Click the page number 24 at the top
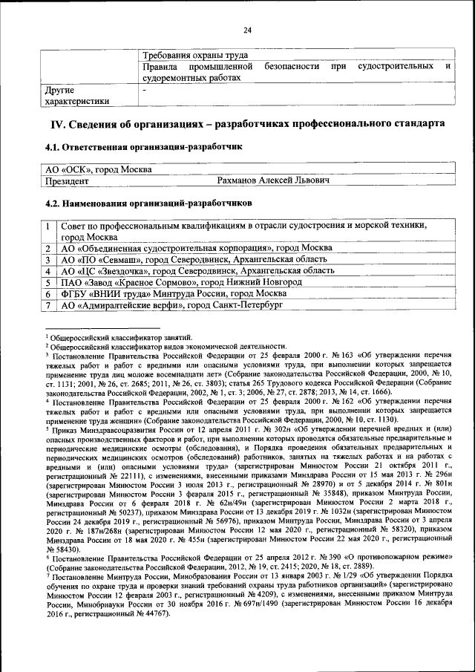click(x=247, y=30)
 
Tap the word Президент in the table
click(x=68, y=180)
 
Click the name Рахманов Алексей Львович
click(x=273, y=180)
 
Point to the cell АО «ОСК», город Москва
click(x=98, y=170)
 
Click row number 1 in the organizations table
click(x=48, y=226)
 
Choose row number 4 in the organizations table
click(x=48, y=271)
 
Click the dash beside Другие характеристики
click(x=145, y=89)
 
